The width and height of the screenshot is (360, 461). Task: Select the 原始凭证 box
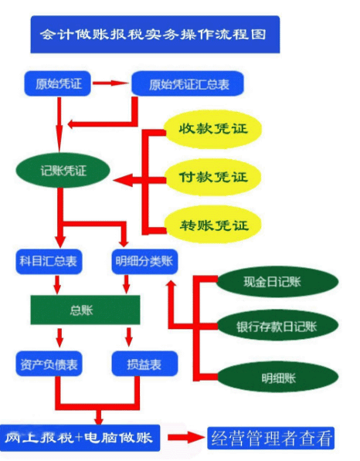pyautogui.click(x=57, y=82)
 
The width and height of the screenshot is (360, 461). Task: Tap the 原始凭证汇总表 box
pyautogui.click(x=188, y=83)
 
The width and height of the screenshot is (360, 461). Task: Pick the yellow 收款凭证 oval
pyautogui.click(x=212, y=128)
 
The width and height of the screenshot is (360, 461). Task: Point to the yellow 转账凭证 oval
pyautogui.click(x=212, y=225)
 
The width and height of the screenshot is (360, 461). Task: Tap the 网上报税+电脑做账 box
pyautogui.click(x=82, y=438)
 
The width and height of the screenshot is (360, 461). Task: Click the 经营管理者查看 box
pyautogui.click(x=271, y=439)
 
